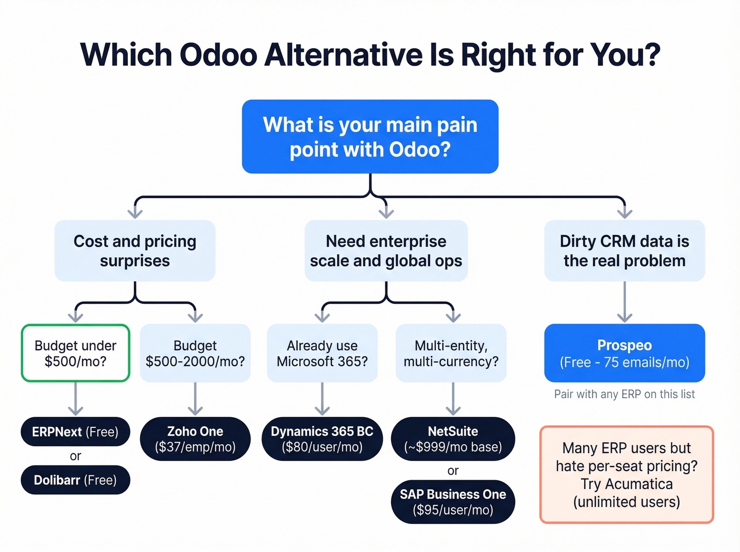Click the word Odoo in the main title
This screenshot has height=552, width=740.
[218, 54]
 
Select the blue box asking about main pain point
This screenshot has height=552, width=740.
[370, 136]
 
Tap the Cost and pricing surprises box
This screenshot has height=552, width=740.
[135, 250]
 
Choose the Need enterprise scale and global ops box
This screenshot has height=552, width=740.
[386, 250]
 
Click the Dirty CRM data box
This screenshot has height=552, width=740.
[624, 250]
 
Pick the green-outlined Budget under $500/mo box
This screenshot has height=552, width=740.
[76, 353]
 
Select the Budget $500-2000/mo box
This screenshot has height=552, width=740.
[195, 353]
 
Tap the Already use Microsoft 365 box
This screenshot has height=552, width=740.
[322, 353]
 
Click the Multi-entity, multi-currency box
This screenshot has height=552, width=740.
[451, 353]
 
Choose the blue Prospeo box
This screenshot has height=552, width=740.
[624, 353]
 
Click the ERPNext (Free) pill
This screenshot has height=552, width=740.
[75, 432]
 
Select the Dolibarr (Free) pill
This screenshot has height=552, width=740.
[75, 480]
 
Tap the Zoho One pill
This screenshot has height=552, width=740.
[195, 438]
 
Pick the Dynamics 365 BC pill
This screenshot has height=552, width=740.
[322, 438]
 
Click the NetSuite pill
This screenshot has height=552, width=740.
[453, 438]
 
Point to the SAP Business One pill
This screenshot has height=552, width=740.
[453, 502]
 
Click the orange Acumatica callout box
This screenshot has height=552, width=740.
[626, 474]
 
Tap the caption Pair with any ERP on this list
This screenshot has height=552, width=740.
[624, 394]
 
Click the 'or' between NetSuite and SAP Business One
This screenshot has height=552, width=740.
[453, 471]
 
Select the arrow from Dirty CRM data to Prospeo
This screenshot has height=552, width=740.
[624, 302]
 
